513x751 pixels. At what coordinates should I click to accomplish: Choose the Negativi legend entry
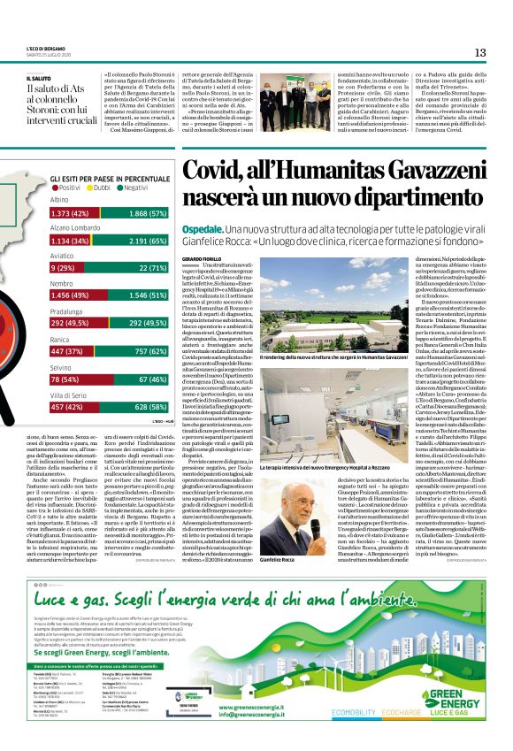point(132,188)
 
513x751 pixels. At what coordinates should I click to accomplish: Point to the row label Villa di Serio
point(69,395)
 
